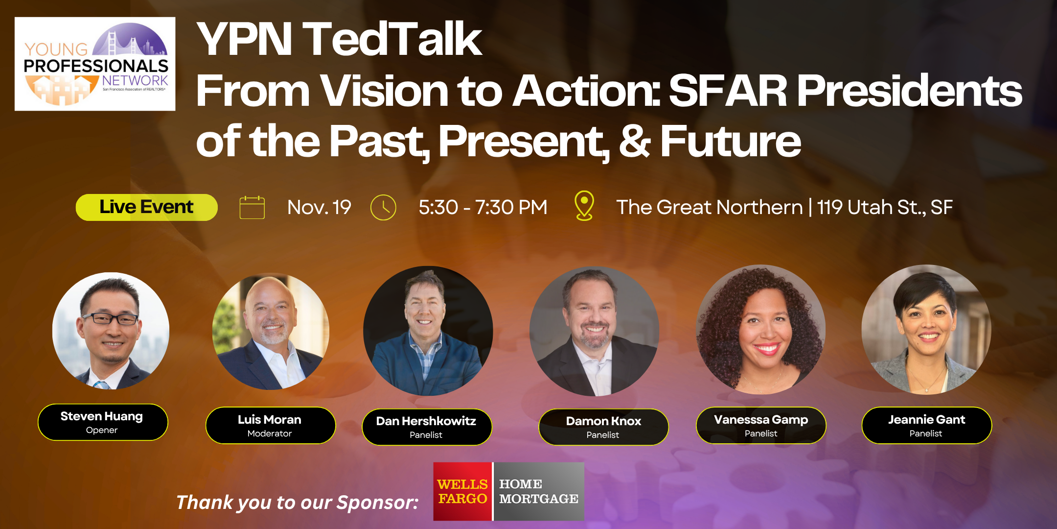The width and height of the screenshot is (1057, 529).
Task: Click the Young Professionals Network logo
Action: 95,64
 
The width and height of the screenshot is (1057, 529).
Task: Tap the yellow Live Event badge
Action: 146,207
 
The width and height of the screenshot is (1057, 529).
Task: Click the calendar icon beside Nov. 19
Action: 252,208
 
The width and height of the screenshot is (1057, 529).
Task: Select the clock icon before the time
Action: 383,208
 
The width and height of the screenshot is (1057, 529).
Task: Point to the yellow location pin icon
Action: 584,206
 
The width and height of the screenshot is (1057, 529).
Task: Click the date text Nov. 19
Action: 319,208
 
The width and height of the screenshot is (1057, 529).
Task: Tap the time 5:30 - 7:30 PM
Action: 483,208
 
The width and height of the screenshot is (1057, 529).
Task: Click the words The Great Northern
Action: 709,208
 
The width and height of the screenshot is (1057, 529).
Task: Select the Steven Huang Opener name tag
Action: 102,422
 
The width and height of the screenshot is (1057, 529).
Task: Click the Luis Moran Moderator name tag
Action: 270,426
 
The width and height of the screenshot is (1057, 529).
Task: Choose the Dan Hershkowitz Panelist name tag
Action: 426,427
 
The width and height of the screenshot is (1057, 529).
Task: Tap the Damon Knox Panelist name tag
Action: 603,427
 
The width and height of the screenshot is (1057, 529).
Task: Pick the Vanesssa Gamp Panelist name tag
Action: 761,426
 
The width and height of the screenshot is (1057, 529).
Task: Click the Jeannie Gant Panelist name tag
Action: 926,426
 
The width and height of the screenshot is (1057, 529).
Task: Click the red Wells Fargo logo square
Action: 462,491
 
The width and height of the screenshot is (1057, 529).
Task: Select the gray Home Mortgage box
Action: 539,491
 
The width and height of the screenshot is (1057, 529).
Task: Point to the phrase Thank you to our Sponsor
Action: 297,503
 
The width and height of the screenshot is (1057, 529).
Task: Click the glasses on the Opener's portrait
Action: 110,318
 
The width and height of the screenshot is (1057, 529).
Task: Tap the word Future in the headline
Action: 731,142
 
